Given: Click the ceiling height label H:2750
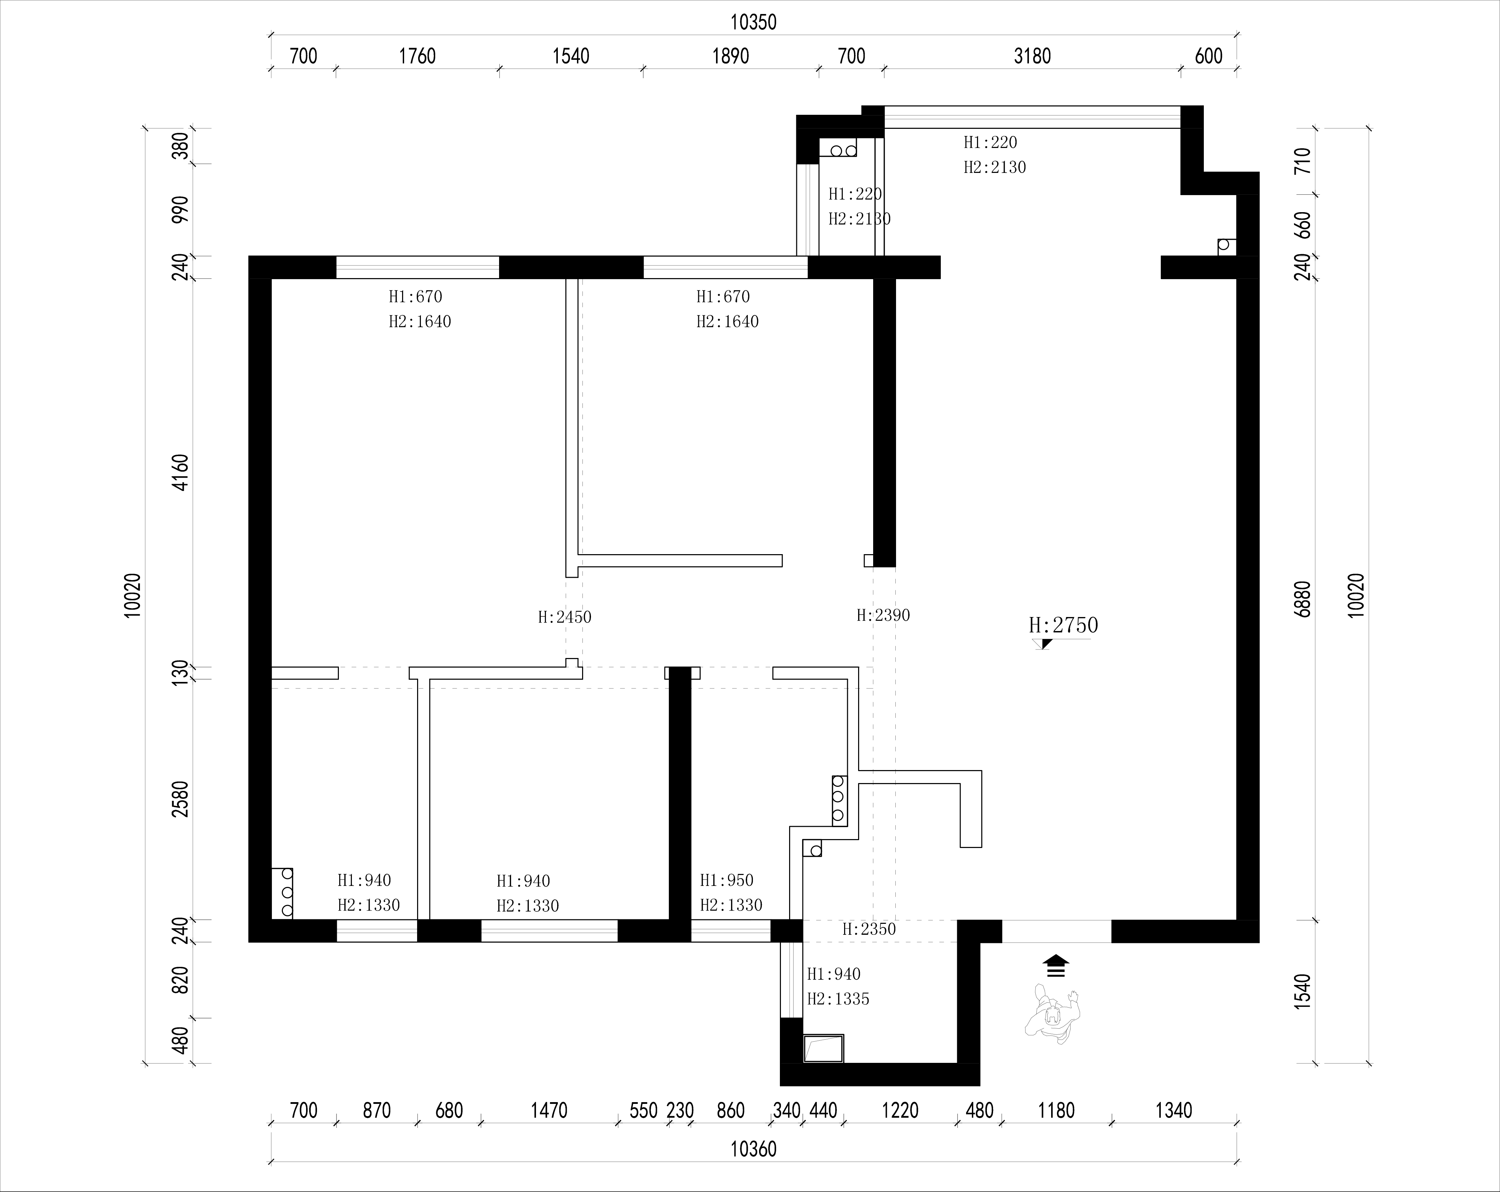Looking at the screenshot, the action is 1063,626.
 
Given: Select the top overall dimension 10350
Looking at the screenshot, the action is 754,23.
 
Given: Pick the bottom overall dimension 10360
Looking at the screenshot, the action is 754,1149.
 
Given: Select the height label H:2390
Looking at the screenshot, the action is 883,615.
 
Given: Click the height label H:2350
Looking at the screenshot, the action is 869,929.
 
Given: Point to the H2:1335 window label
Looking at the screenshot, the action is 838,999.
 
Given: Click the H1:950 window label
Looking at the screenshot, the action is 726,880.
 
